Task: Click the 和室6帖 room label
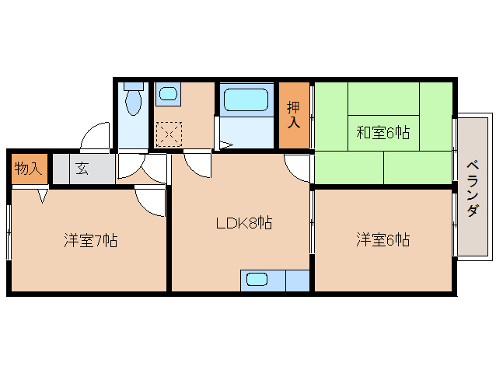coord(382,132)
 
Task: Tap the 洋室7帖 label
coord(90,240)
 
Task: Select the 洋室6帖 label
coord(382,240)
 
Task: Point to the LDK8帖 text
coord(243,223)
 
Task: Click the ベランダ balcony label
coord(473,188)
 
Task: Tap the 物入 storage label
coord(28,169)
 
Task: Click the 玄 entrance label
coord(82,169)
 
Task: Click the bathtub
coord(246,101)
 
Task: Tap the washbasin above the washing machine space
coord(168,95)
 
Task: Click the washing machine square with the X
coord(168,134)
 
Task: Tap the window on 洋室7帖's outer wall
coord(9,232)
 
